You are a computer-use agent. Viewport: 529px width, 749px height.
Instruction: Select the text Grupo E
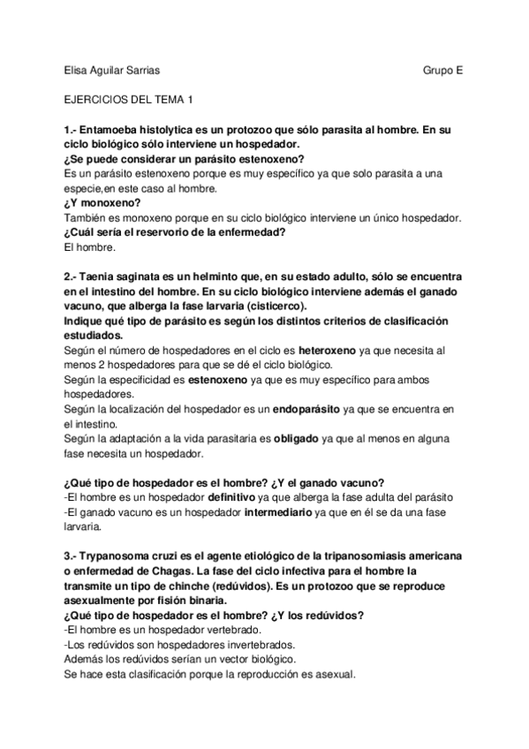click(442, 69)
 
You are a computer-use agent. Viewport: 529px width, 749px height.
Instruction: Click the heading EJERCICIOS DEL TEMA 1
click(128, 101)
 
